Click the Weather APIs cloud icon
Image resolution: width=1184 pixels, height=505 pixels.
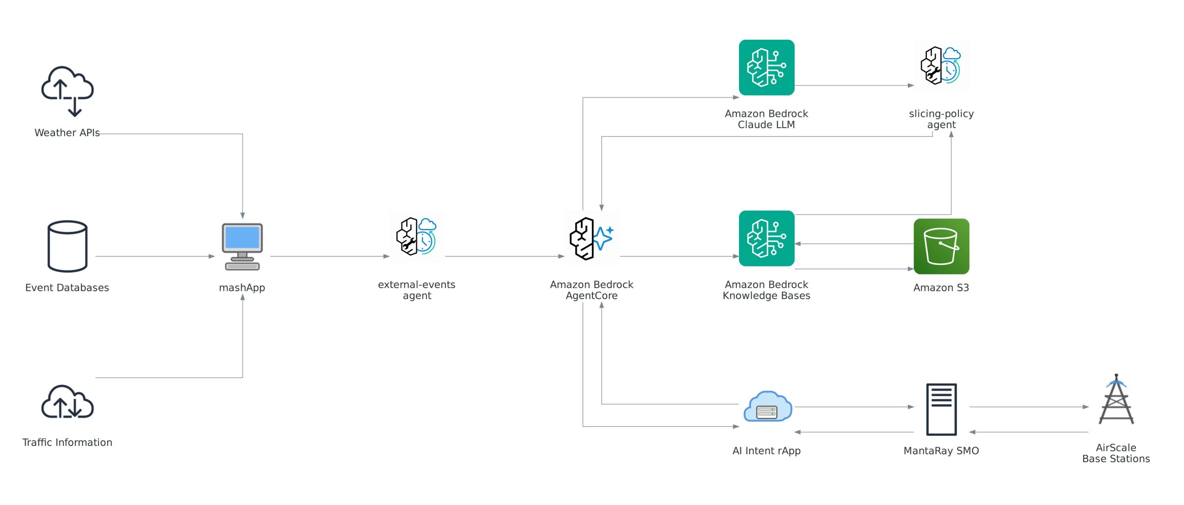(x=68, y=90)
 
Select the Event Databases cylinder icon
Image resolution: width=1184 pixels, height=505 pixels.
(x=68, y=246)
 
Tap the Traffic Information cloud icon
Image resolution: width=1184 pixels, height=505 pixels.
(x=68, y=402)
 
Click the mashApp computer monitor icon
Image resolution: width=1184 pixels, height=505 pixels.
(x=242, y=246)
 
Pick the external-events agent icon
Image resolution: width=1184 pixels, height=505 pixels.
(x=417, y=237)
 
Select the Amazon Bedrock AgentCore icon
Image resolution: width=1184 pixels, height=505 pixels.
(x=592, y=238)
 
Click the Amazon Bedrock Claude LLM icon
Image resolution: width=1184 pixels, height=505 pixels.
(x=766, y=68)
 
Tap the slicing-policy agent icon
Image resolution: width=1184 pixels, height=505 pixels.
(x=941, y=66)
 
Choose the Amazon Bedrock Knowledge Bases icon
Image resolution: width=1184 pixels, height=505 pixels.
(x=766, y=238)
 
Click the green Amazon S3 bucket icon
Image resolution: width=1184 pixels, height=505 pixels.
(x=941, y=246)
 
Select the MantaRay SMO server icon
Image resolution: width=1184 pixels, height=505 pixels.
(x=941, y=409)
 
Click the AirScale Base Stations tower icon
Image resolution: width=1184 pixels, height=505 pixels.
(x=1116, y=400)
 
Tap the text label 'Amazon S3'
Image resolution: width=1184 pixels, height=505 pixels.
(x=941, y=288)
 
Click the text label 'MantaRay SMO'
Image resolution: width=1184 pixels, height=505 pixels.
(x=941, y=451)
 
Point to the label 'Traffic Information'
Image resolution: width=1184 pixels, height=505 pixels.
(x=68, y=443)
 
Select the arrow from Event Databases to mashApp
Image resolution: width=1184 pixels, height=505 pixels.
(x=155, y=256)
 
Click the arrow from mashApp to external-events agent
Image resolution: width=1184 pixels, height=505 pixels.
(x=330, y=256)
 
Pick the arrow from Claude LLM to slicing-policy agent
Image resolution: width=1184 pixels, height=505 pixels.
(x=854, y=86)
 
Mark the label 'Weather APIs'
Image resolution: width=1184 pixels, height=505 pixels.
(x=67, y=133)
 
